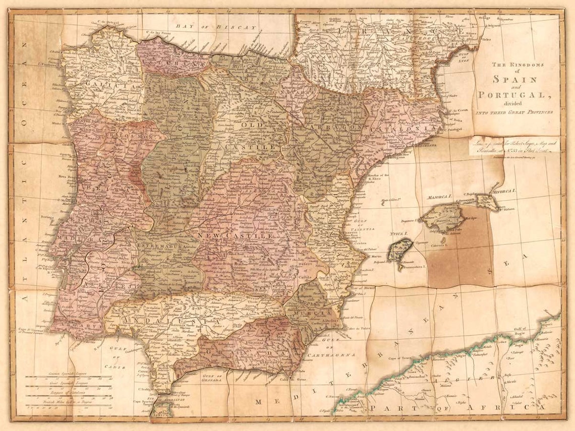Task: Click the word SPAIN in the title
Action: (x=514, y=79)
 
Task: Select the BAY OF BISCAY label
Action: (x=215, y=27)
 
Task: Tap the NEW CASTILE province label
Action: (x=236, y=235)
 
